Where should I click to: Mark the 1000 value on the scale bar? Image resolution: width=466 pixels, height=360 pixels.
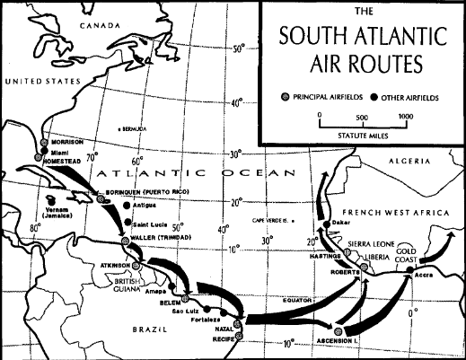pyautogui.click(x=405, y=117)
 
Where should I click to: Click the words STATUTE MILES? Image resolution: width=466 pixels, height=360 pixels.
pyautogui.click(x=360, y=136)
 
